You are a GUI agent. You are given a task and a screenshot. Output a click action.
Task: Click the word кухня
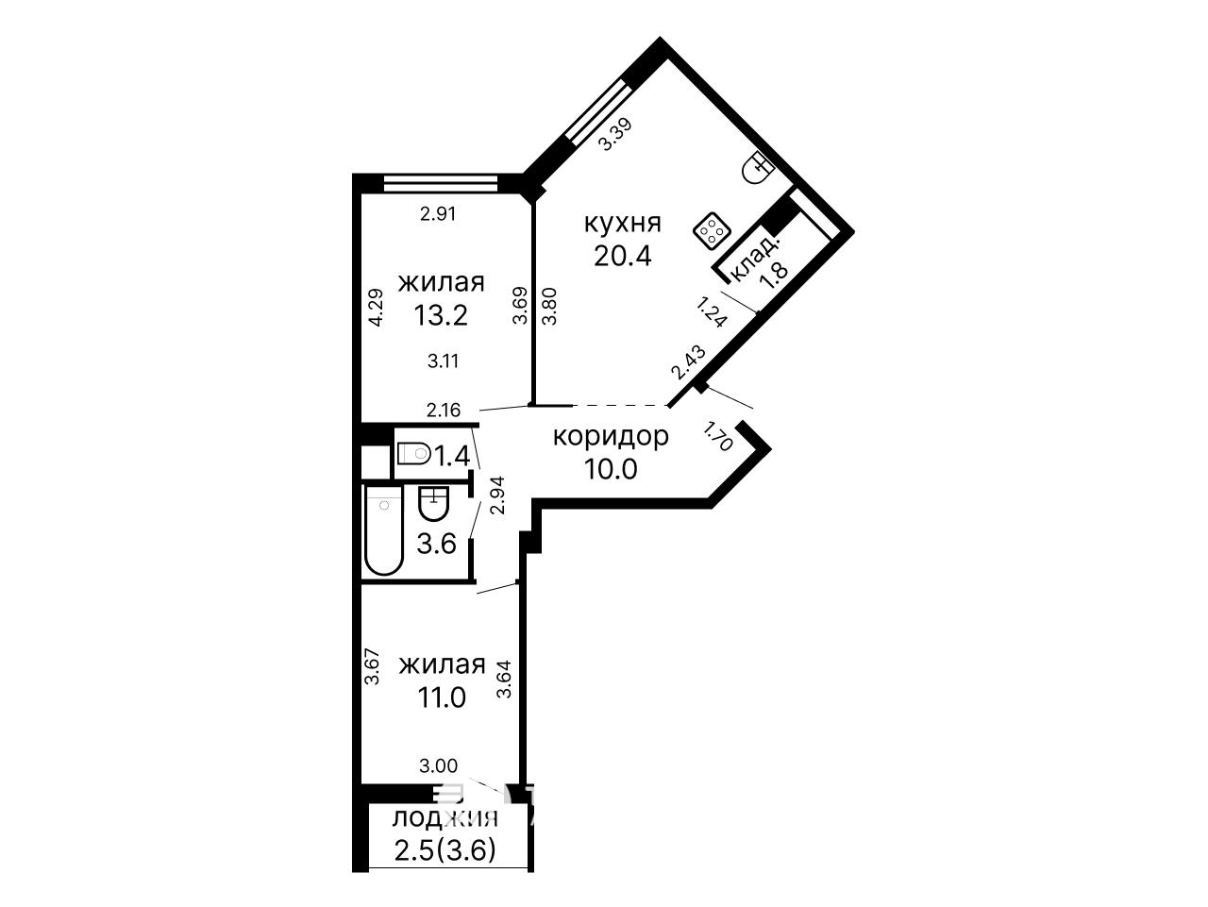click(x=623, y=224)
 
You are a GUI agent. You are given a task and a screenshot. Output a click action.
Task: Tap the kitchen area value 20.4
click(x=623, y=256)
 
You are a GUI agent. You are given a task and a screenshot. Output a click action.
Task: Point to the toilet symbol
click(x=413, y=453)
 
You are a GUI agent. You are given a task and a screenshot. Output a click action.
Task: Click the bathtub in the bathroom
click(x=383, y=530)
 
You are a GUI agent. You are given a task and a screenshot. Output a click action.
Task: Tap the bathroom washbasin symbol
click(x=434, y=503)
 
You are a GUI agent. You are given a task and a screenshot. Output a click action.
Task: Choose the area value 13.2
click(x=441, y=316)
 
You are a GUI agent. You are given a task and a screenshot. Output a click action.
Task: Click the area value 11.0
click(x=442, y=697)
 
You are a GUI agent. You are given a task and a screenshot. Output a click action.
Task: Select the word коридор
click(x=611, y=437)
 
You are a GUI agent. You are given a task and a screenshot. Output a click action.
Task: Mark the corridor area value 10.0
click(x=611, y=469)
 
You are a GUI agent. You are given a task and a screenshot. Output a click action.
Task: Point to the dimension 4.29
click(x=376, y=308)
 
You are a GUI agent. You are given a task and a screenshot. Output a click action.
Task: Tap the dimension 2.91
click(x=438, y=213)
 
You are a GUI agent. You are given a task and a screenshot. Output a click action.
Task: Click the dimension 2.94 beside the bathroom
click(x=497, y=495)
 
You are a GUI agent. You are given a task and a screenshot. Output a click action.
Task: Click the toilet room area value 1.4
click(x=452, y=456)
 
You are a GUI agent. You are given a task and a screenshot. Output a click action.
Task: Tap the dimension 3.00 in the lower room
click(x=438, y=766)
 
